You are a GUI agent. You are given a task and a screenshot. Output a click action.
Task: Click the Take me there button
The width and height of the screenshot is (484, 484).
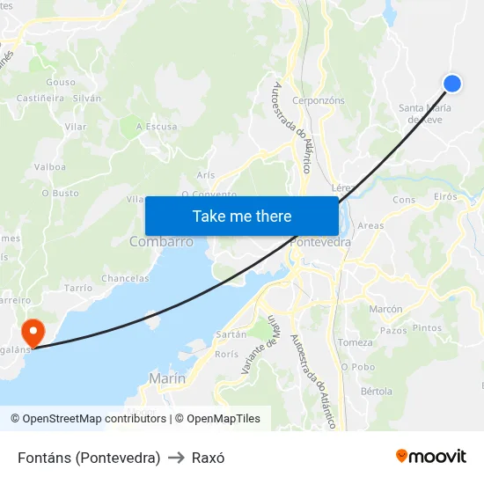[x=242, y=216]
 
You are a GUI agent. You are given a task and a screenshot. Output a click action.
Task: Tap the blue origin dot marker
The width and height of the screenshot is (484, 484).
[x=452, y=84]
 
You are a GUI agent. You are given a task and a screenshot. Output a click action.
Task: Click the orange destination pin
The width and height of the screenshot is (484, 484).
[x=33, y=333]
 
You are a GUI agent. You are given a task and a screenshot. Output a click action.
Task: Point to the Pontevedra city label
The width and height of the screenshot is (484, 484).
[x=320, y=242]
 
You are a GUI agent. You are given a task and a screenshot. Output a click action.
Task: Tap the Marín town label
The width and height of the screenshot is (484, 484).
[x=167, y=378]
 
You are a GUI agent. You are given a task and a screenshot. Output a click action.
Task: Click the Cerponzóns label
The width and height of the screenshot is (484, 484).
[x=318, y=101]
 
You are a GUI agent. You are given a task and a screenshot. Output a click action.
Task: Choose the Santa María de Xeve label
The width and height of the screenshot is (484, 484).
[x=425, y=114]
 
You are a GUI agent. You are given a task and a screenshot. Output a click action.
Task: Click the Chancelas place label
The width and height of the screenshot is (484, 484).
[x=125, y=278]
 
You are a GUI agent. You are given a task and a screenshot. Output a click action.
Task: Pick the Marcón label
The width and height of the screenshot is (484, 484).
[x=385, y=310]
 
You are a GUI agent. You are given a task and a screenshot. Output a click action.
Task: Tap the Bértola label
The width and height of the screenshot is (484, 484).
[x=377, y=391]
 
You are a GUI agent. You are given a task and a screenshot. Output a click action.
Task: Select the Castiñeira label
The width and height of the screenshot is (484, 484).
[x=40, y=99]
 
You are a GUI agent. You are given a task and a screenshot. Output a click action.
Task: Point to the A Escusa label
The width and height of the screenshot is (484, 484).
[x=156, y=127]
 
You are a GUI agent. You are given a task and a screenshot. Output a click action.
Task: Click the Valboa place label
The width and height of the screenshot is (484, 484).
[x=50, y=166]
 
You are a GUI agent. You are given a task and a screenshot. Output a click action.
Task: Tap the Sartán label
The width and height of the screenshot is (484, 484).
[x=231, y=335]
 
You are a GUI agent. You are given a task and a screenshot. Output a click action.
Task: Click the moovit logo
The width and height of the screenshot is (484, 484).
[x=430, y=456]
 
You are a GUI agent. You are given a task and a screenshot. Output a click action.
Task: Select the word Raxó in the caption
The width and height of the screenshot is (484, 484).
[x=209, y=458]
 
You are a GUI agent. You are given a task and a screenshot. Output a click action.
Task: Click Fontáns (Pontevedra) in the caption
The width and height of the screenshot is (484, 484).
[x=89, y=458]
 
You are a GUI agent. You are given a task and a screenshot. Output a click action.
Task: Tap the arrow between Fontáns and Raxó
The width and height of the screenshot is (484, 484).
[x=176, y=458]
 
